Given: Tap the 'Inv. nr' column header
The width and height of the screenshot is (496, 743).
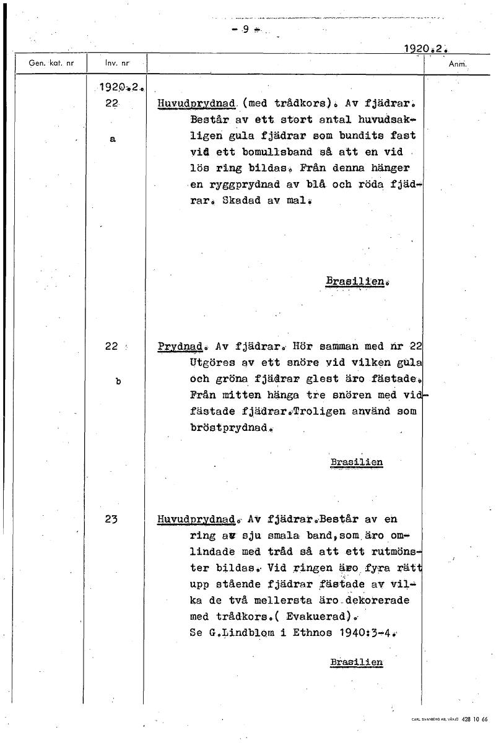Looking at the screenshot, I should point(116,63).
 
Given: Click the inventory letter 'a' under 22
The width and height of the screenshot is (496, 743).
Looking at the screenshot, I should point(112,140).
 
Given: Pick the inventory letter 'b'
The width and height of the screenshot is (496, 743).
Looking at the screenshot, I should point(118,381).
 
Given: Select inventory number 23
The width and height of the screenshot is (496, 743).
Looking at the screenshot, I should point(111,520).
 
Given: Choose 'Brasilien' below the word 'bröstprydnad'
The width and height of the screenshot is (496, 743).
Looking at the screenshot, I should point(356,462).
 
